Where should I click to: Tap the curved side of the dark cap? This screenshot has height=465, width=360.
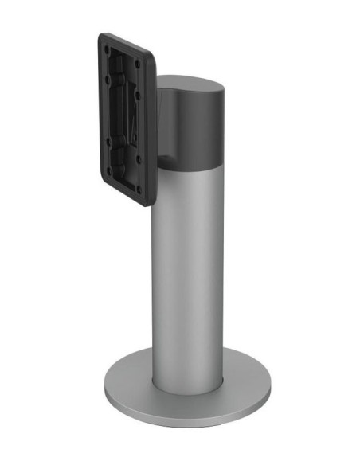click(199, 123)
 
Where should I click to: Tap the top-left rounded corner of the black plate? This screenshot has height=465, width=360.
click(102, 36)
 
